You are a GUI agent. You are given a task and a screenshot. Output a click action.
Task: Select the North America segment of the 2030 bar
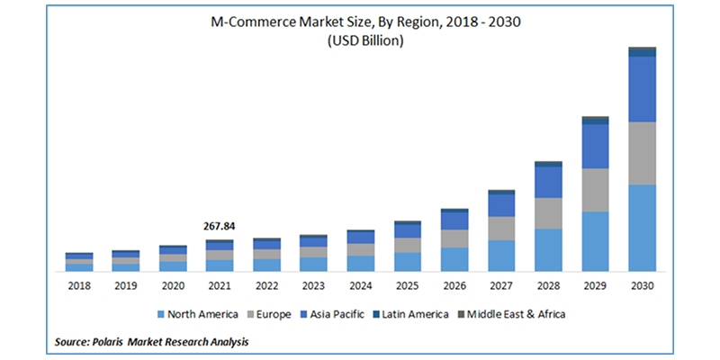[642, 228]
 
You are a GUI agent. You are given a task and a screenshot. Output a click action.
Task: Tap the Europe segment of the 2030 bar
[642, 153]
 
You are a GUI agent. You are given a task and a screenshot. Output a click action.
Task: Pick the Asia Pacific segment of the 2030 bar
[642, 89]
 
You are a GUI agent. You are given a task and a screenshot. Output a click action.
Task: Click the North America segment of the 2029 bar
[595, 241]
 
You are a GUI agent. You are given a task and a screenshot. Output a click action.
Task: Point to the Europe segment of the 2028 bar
[548, 213]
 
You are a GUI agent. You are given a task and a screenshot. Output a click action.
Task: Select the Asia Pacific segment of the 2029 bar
[595, 146]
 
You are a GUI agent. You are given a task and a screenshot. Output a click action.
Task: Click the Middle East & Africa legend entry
[508, 314]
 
